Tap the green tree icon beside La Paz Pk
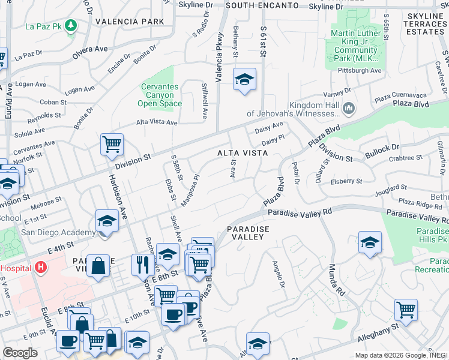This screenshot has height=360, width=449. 71,25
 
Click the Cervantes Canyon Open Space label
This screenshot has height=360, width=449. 160,95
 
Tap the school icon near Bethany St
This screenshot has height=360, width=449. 244,79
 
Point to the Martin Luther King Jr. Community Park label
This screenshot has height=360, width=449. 355,45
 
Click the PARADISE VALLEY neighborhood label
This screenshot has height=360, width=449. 248,233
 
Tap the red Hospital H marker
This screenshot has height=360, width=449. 40,266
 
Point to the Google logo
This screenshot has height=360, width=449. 20,352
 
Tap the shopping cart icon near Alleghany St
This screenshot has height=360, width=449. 406,310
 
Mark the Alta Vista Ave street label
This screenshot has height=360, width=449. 157,122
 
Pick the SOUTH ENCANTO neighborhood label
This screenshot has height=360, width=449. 262,5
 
